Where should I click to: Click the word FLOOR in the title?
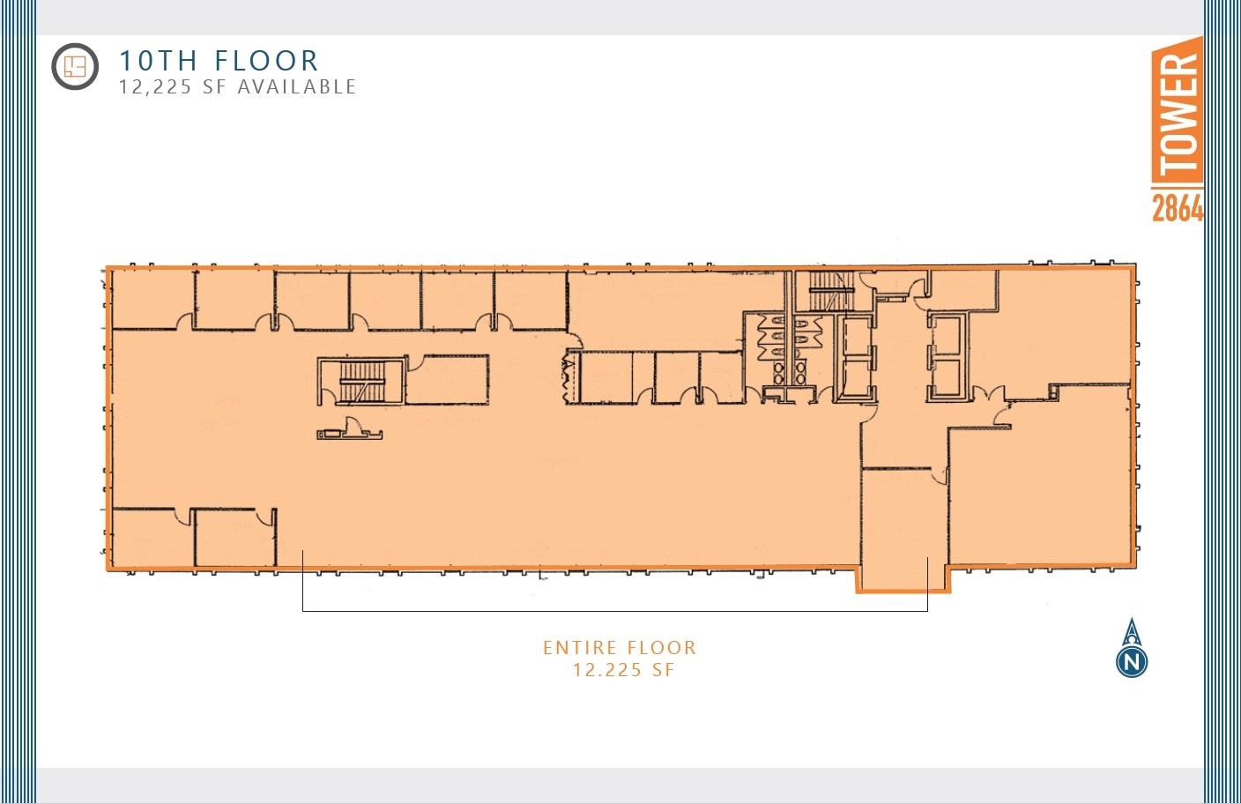pyautogui.click(x=266, y=61)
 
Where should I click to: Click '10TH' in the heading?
pyautogui.click(x=158, y=61)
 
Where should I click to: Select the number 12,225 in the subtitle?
pyautogui.click(x=154, y=87)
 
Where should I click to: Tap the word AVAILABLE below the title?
pyautogui.click(x=297, y=87)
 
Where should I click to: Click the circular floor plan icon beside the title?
pyautogui.click(x=75, y=66)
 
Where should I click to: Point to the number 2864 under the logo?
pyautogui.click(x=1177, y=207)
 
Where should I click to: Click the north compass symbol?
pyautogui.click(x=1132, y=650)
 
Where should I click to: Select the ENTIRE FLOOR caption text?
pyautogui.click(x=620, y=648)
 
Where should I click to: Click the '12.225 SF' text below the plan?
pyautogui.click(x=623, y=670)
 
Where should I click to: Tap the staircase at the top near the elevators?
pyautogui.click(x=828, y=291)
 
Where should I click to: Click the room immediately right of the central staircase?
pyautogui.click(x=447, y=379)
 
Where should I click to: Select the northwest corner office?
pyautogui.click(x=152, y=299)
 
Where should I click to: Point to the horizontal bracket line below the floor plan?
pyautogui.click(x=614, y=610)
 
